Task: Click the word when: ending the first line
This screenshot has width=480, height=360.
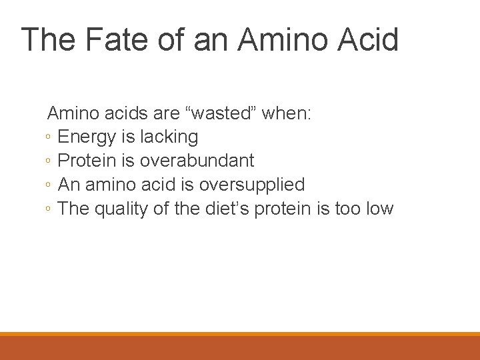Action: [286, 113]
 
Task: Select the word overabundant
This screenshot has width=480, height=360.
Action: [197, 161]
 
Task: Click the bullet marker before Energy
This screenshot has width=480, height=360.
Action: [49, 138]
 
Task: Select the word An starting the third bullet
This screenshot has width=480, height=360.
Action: [69, 185]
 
